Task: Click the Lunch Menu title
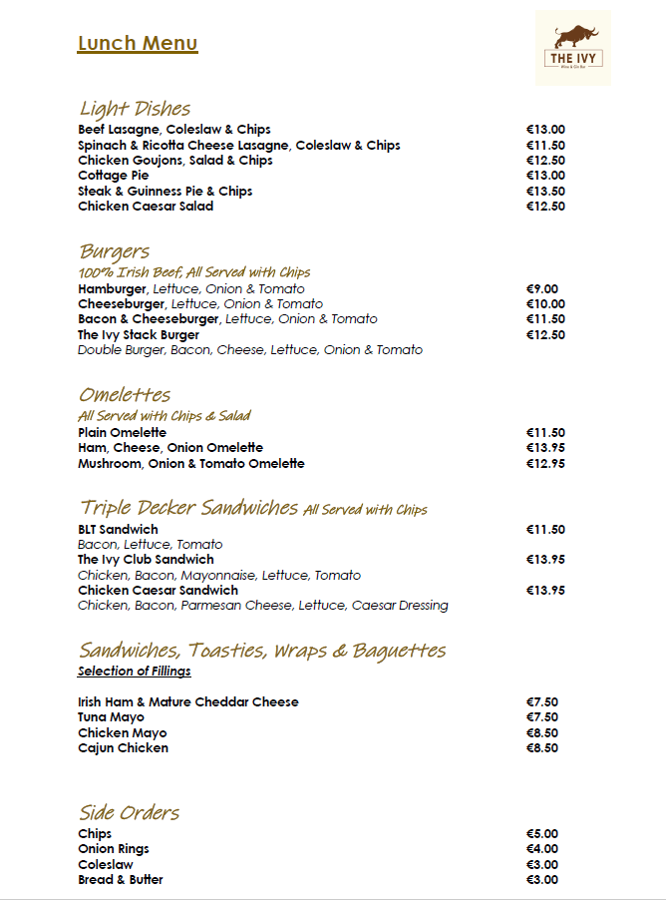138,43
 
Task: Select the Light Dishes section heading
135,108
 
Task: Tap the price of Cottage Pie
545,176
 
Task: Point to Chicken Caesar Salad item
146,207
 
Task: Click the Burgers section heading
114,250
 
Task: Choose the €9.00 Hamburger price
542,289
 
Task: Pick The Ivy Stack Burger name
139,335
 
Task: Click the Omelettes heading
125,394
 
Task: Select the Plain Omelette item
122,433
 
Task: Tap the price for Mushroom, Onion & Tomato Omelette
545,464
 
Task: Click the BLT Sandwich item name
118,530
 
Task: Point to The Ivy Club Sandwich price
545,560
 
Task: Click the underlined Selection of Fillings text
135,672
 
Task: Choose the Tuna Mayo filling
111,717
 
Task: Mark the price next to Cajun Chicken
542,748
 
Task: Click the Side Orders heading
130,812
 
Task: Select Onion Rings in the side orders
114,849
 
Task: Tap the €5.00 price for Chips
542,834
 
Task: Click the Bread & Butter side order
121,880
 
